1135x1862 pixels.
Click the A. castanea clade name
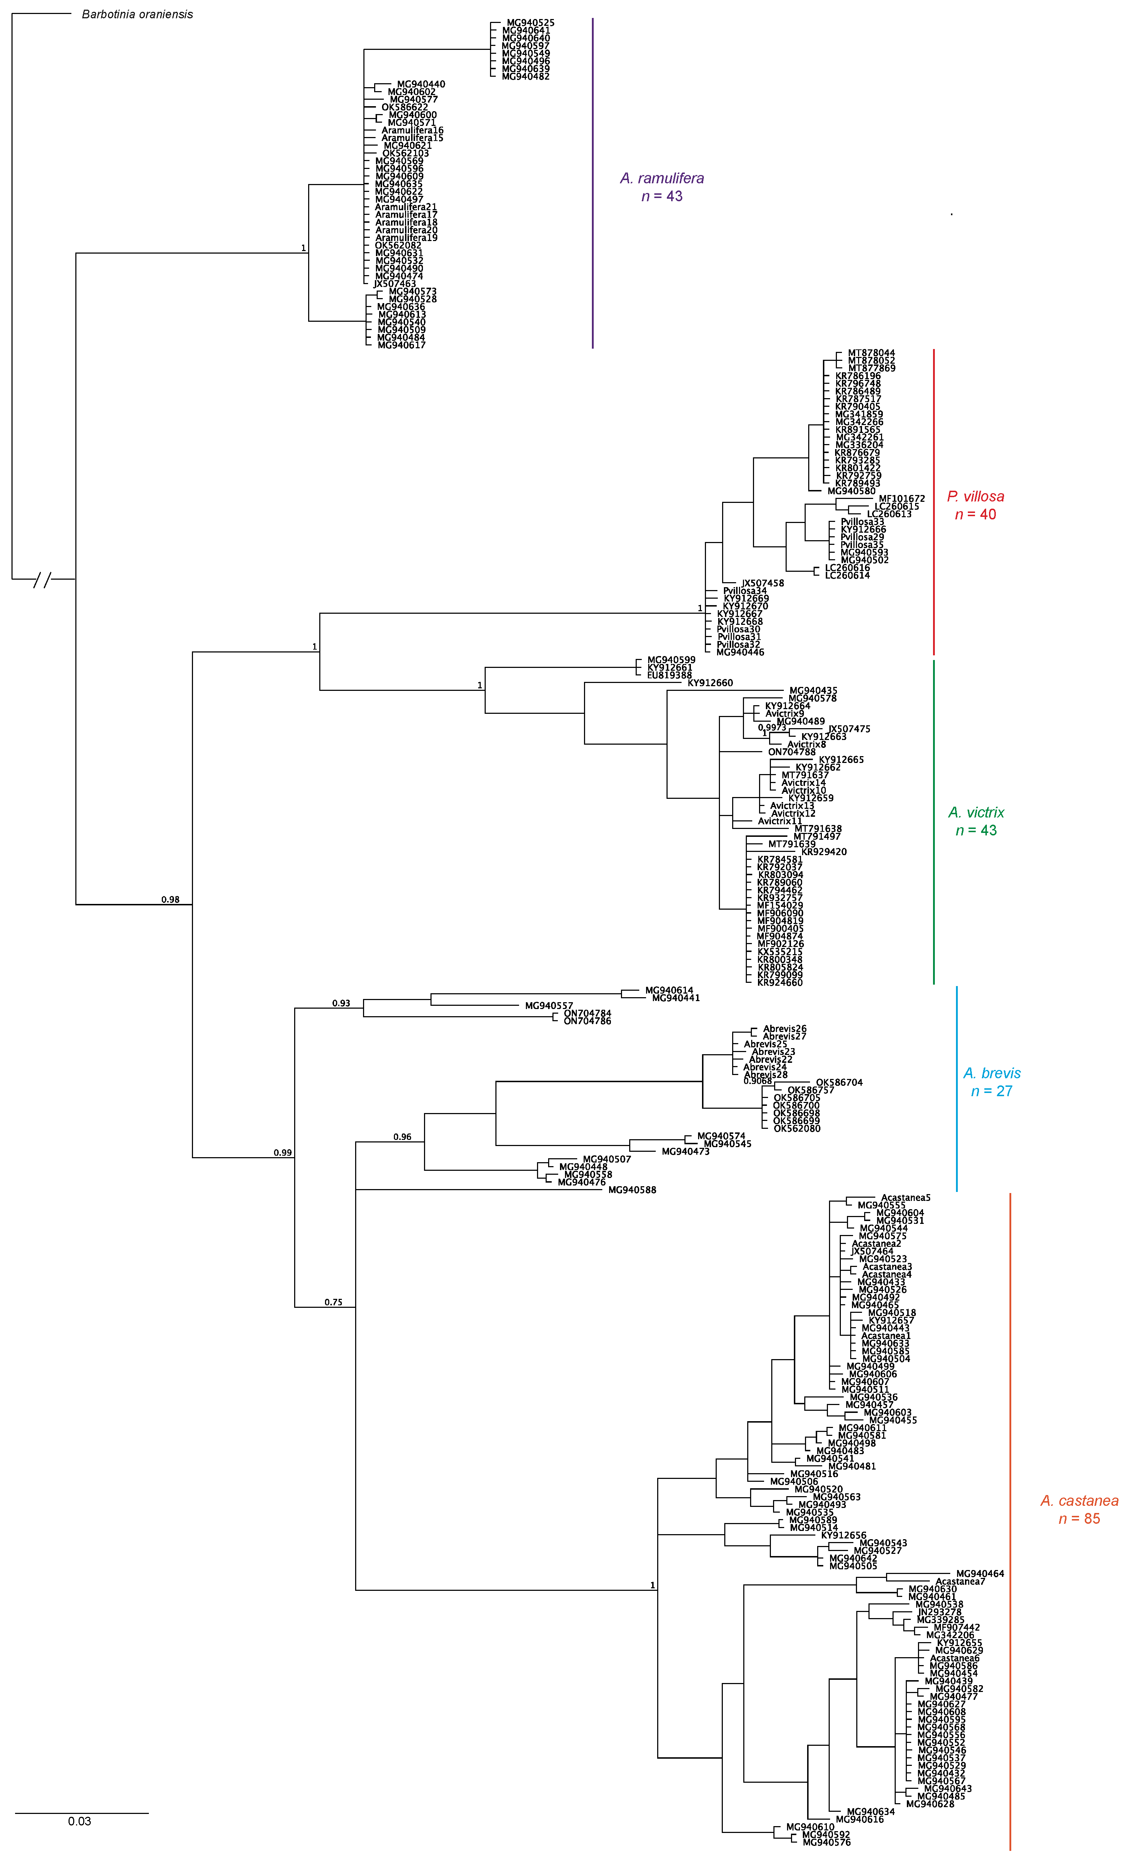coord(1079,1501)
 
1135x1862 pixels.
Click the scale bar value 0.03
coord(79,1821)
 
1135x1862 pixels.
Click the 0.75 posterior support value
coord(333,1302)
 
